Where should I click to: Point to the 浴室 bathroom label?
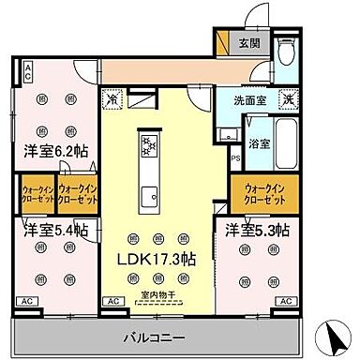(259, 143)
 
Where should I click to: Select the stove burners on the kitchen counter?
(149, 143)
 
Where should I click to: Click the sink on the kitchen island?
(149, 196)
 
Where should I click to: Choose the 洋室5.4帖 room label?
(49, 230)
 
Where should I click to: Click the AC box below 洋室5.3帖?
(283, 302)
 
